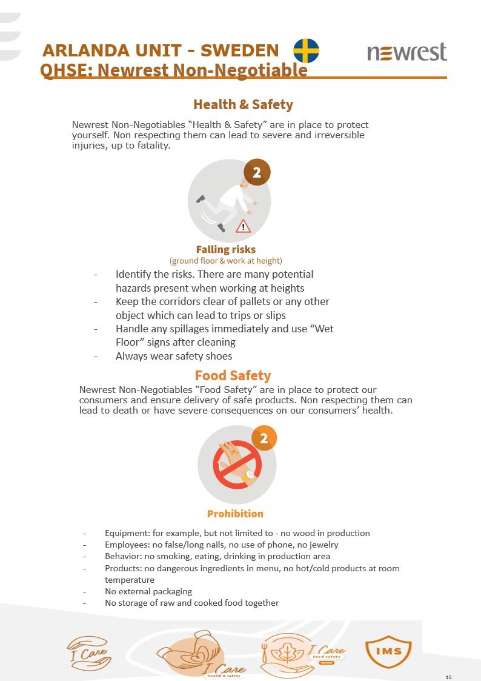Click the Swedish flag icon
point(307,50)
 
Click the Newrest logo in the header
point(406,52)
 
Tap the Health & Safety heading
point(243,104)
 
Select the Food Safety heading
point(233,375)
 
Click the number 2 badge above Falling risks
point(257,173)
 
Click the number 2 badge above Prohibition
point(264,438)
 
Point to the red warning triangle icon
point(243,227)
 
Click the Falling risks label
point(226,249)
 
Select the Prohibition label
point(235,514)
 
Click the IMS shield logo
point(388,651)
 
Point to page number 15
point(448,677)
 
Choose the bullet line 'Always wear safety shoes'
point(174,356)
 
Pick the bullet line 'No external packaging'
point(148,591)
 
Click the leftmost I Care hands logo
point(89,652)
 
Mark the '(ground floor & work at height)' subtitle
point(226,261)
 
